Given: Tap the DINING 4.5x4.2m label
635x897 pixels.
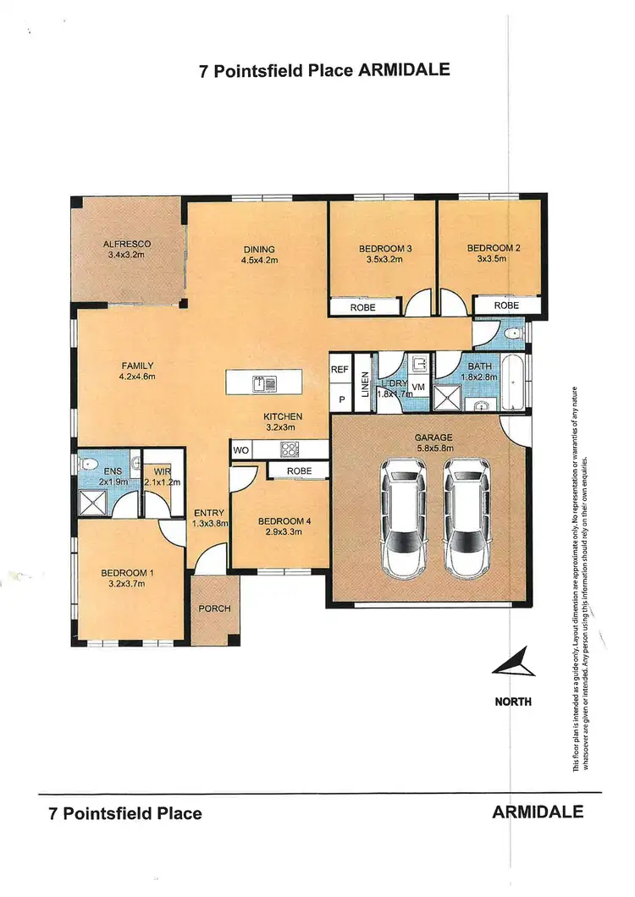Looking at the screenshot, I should [259, 255].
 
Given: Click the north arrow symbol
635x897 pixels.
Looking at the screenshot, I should [514, 663].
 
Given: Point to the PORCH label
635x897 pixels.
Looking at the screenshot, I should [214, 608].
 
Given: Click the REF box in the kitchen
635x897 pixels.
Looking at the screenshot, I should [340, 370].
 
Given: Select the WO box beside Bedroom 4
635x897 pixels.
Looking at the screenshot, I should [240, 450].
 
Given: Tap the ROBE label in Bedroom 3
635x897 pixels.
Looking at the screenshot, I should [363, 308].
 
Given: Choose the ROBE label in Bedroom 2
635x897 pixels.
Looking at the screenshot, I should [506, 305].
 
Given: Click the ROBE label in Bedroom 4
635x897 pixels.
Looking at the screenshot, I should [299, 471].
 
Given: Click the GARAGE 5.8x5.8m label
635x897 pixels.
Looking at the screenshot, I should [434, 443].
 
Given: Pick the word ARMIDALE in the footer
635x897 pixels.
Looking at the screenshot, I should [538, 812].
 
